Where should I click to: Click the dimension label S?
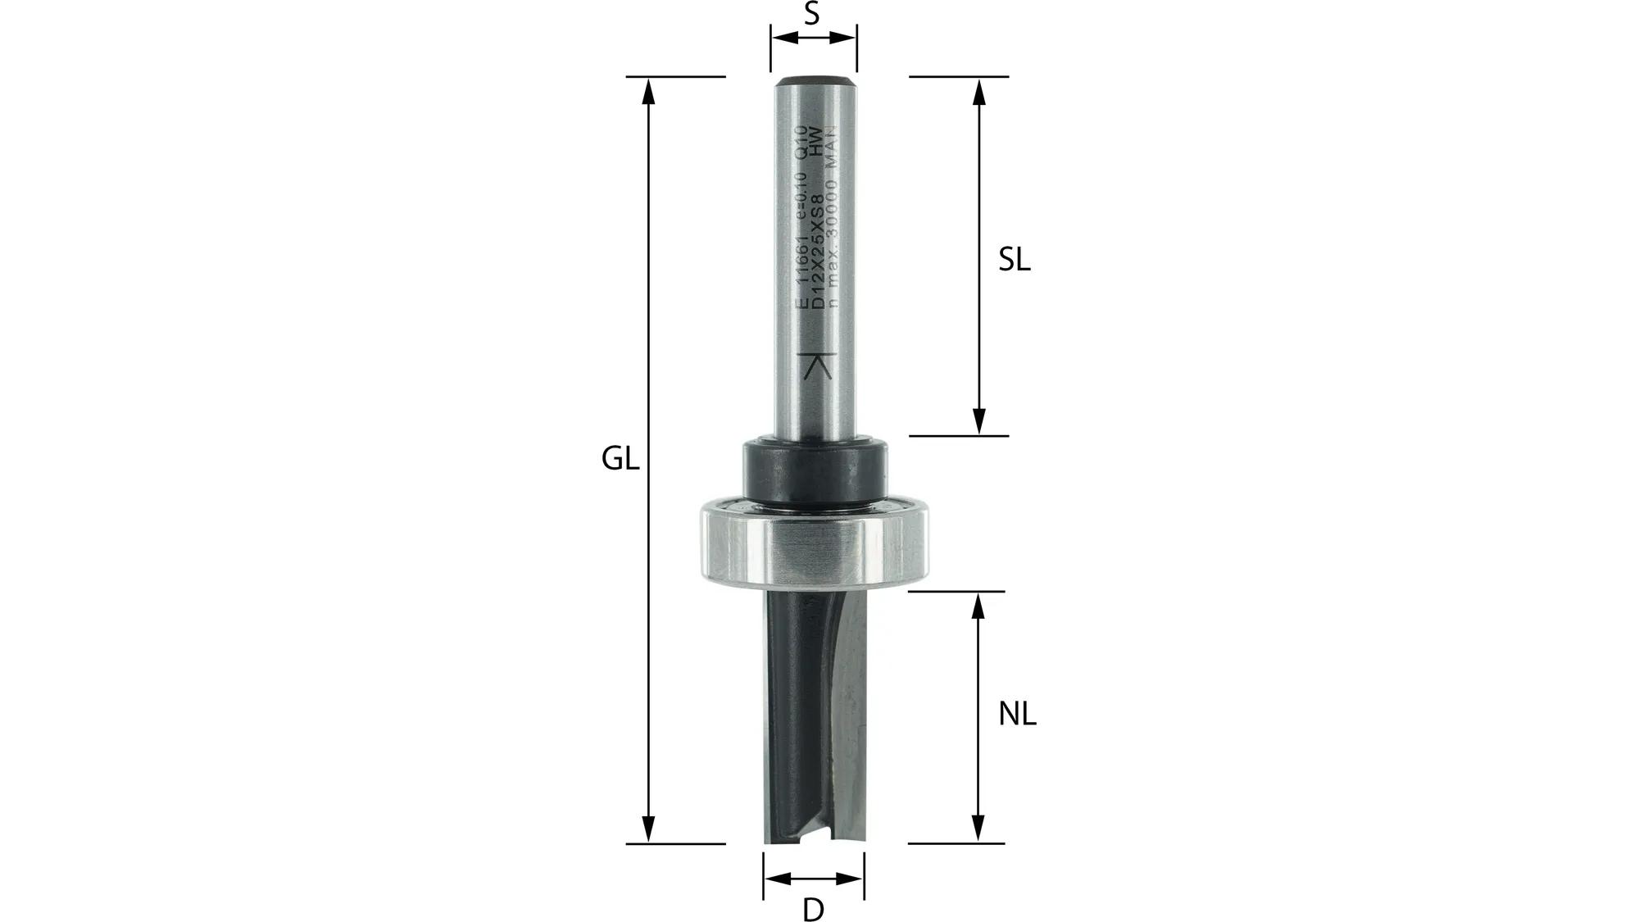tap(811, 14)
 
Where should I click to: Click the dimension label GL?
tap(620, 460)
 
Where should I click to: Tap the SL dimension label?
tap(1014, 261)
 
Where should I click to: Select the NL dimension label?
tap(1017, 715)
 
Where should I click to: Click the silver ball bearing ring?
tap(815, 546)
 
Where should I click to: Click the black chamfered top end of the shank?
tap(815, 81)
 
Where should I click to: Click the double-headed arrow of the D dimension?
tap(813, 879)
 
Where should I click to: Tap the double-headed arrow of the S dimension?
tap(814, 37)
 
